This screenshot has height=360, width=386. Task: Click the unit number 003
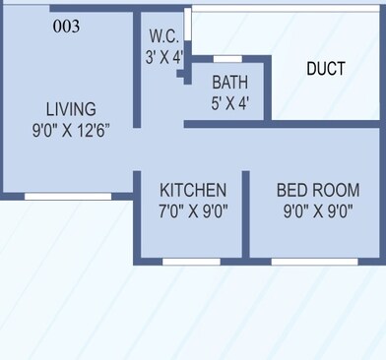pos(66,27)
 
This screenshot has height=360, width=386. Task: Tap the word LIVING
pos(71,108)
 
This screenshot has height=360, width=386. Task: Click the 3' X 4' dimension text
pos(164,56)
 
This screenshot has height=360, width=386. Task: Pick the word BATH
pos(230,82)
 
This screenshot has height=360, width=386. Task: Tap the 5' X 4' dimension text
pos(230,100)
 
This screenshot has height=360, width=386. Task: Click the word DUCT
pos(326,69)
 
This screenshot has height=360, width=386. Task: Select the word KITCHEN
pos(193,190)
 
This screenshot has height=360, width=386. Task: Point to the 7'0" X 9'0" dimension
pos(194,210)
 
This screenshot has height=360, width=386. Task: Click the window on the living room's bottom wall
pos(67,197)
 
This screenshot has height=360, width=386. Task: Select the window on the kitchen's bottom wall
pos(191,262)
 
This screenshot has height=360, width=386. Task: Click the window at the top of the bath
pos(228,59)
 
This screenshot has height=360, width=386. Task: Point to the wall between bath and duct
pos(268,89)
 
